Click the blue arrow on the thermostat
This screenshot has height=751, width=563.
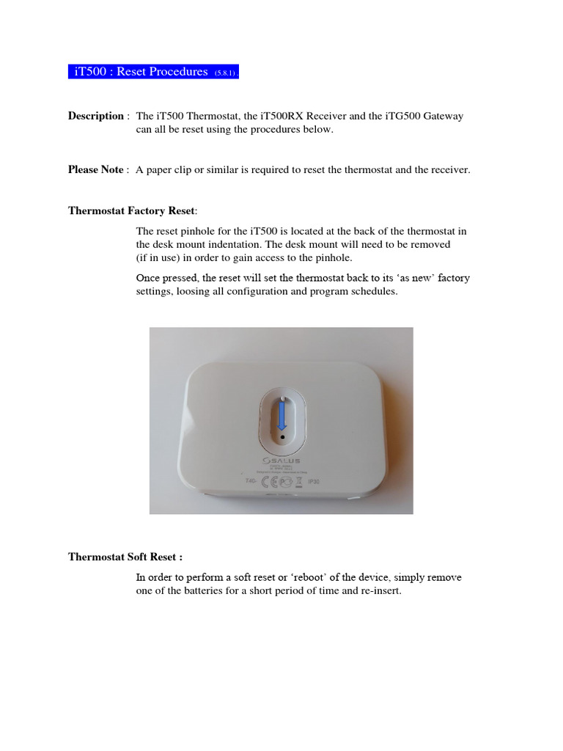[281, 417]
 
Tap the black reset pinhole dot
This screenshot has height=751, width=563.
[282, 436]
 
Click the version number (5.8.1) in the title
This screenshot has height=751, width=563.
[225, 73]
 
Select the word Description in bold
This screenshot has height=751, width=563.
[96, 116]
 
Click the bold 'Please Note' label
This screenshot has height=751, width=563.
[96, 169]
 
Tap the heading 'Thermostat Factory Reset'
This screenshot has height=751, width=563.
[131, 210]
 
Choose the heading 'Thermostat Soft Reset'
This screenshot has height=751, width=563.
[125, 557]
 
